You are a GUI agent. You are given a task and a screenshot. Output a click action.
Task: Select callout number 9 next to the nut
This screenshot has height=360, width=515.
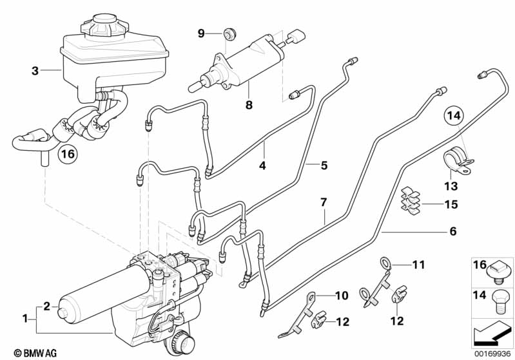[200, 33]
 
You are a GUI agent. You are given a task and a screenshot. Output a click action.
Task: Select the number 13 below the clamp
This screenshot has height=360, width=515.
[450, 186]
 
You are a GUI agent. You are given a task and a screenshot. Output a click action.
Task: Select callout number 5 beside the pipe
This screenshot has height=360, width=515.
[324, 166]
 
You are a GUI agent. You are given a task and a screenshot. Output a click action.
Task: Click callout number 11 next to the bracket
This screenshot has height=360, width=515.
[419, 264]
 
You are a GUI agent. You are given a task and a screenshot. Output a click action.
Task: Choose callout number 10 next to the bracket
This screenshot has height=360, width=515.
[341, 296]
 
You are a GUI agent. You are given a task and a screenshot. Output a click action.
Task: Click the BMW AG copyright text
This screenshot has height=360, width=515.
[26, 353]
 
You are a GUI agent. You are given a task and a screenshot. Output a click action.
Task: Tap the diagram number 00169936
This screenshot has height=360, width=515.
[493, 353]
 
